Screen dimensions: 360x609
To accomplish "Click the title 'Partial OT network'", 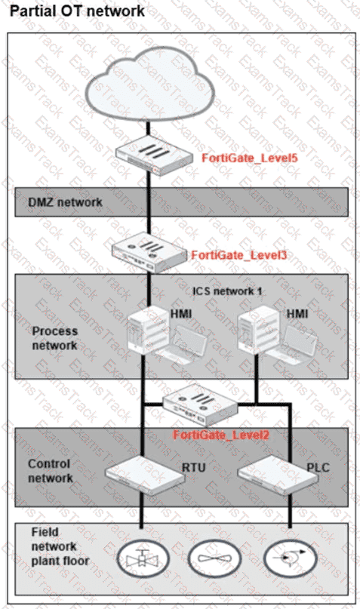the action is pos(77,11).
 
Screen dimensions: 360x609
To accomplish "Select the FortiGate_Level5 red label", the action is pos(250,158).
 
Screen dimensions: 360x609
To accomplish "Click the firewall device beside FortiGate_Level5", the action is pos(154,156).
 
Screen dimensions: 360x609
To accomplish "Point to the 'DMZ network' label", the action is pos(65,202).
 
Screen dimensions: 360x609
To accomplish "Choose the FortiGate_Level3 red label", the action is pos(239,255).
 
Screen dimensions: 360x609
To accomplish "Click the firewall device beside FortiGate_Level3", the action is pos(149,253).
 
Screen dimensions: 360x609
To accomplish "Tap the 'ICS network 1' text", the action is pos(227,291).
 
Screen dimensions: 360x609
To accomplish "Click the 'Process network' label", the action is pos(55,338).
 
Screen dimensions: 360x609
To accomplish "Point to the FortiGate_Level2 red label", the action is pos(221,435).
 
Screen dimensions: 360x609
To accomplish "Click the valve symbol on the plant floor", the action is pos(143,559).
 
